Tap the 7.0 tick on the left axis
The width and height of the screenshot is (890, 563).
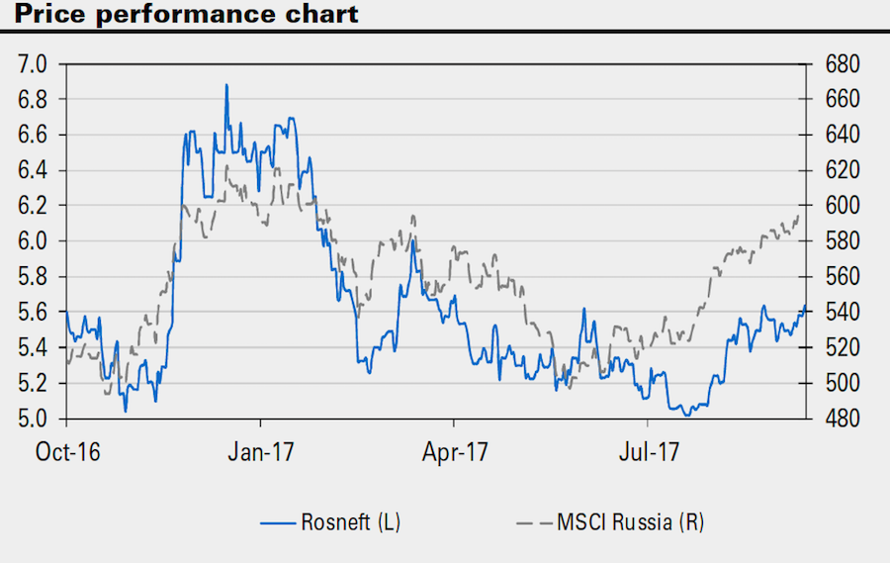coord(34,64)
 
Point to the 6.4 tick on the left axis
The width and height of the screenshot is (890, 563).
coord(34,170)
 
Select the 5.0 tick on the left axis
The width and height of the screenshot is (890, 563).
coord(34,419)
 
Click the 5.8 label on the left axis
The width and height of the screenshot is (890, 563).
coord(34,277)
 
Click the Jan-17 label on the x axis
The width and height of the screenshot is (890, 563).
coord(264,453)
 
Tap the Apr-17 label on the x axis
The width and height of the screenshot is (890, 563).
coord(456,453)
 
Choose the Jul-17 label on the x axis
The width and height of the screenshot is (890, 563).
coord(649,453)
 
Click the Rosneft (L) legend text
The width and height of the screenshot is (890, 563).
coord(351,521)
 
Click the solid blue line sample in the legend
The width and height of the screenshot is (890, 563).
coord(279,521)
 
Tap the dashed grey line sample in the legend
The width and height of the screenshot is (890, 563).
coord(535,521)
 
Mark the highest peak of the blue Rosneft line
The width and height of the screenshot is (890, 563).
coord(226,85)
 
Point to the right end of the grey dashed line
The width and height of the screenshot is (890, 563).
coord(800,216)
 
